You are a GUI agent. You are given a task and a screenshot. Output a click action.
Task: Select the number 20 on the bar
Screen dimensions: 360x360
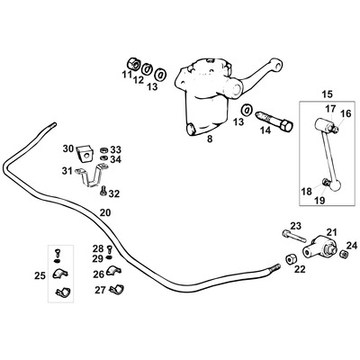(x=105, y=212)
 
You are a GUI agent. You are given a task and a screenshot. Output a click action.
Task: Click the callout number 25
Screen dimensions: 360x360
(x=39, y=274)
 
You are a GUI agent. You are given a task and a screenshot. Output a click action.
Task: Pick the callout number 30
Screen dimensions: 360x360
(x=68, y=148)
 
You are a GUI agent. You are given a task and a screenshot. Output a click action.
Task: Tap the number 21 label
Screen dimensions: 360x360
(x=331, y=232)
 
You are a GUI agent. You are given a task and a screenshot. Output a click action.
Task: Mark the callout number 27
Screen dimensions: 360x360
(x=100, y=290)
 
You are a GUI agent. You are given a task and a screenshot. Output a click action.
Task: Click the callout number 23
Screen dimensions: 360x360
(x=295, y=226)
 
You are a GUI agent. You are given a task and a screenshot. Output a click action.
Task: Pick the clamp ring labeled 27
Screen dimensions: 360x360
(x=117, y=289)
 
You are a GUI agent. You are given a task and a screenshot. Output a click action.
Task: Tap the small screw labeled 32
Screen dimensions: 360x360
(x=103, y=189)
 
